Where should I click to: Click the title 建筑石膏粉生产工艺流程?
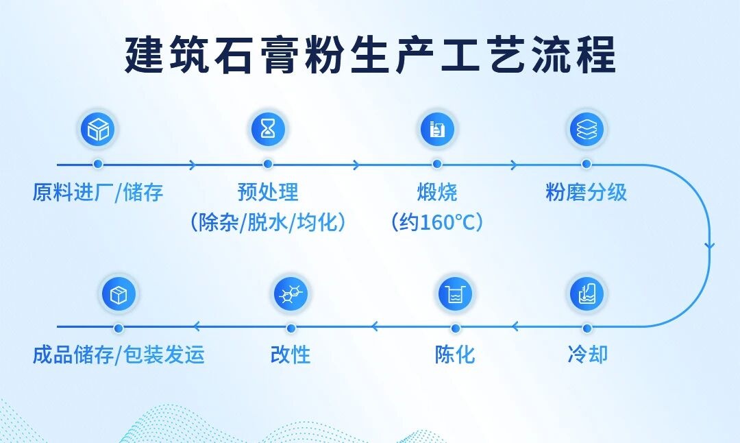tap(371, 55)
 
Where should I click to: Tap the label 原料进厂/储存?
tap(98, 193)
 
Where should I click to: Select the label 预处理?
tap(268, 192)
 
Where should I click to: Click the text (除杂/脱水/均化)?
tap(268, 222)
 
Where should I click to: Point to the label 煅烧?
tap(437, 192)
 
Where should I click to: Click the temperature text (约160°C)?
tap(437, 222)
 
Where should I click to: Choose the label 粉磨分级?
tap(586, 192)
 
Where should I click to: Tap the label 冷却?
tap(588, 355)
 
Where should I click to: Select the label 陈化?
tap(455, 355)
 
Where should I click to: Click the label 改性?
tap(291, 355)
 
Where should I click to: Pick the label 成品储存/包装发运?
tap(119, 355)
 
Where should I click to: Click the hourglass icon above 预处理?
tap(268, 129)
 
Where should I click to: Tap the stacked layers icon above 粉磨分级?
tap(587, 129)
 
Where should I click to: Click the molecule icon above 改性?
tap(291, 294)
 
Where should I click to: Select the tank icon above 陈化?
tap(455, 294)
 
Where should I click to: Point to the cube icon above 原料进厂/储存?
tap(98, 129)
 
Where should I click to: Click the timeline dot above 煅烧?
tap(437, 165)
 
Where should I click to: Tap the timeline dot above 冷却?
tap(587, 328)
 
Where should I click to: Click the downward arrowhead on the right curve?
tap(709, 246)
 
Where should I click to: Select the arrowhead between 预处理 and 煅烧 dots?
tap(356, 165)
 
